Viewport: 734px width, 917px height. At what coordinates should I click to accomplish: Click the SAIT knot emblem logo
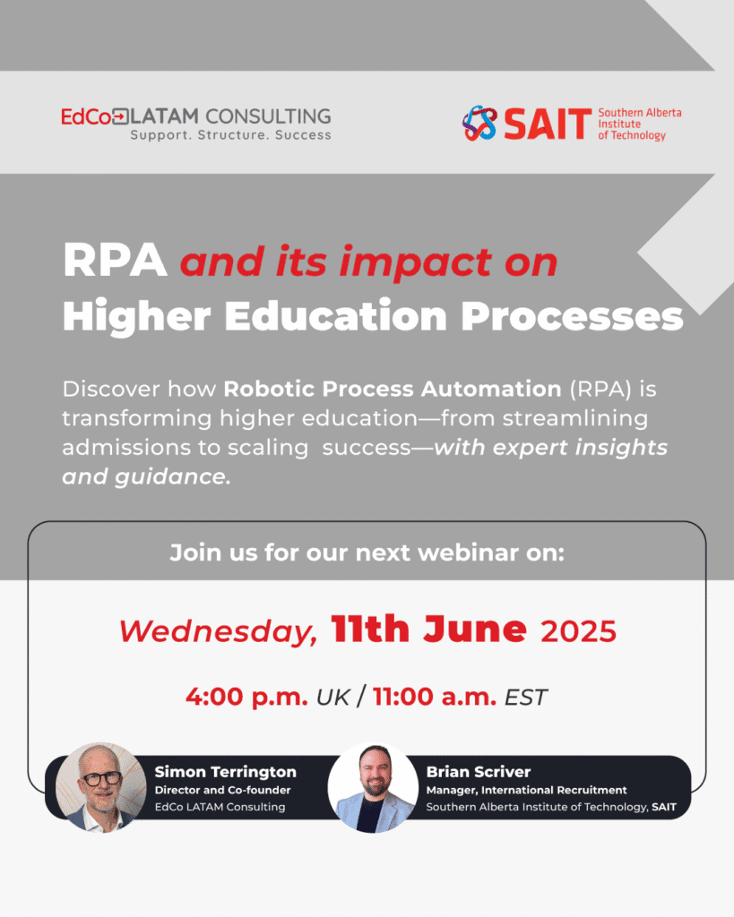(x=479, y=124)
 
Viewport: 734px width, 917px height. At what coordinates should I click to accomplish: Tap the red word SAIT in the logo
(x=548, y=124)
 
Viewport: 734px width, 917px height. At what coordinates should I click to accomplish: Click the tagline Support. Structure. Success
(x=230, y=135)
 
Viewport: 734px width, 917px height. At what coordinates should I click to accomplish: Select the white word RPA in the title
(x=115, y=261)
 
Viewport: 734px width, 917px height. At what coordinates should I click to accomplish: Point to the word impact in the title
(x=415, y=262)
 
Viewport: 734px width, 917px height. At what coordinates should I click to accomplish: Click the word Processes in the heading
(x=572, y=316)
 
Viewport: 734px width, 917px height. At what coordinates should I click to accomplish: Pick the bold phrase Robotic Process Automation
(x=393, y=389)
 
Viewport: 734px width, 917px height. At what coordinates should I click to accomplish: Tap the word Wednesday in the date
(x=218, y=631)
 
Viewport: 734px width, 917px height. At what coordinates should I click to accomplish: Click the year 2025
(x=578, y=631)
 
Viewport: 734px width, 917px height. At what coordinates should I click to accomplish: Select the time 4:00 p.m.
(x=246, y=697)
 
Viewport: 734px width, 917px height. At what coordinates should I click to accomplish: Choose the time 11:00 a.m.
(x=435, y=697)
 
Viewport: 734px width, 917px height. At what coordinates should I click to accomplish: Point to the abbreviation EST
(x=525, y=698)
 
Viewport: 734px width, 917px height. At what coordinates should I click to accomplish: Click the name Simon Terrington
(x=225, y=772)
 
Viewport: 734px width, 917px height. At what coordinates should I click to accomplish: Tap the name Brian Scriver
(x=479, y=772)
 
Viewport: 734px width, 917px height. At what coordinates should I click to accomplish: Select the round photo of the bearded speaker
(x=374, y=788)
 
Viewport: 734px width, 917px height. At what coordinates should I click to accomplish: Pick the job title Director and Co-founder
(x=222, y=790)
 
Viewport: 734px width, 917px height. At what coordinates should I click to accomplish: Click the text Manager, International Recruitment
(x=526, y=790)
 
